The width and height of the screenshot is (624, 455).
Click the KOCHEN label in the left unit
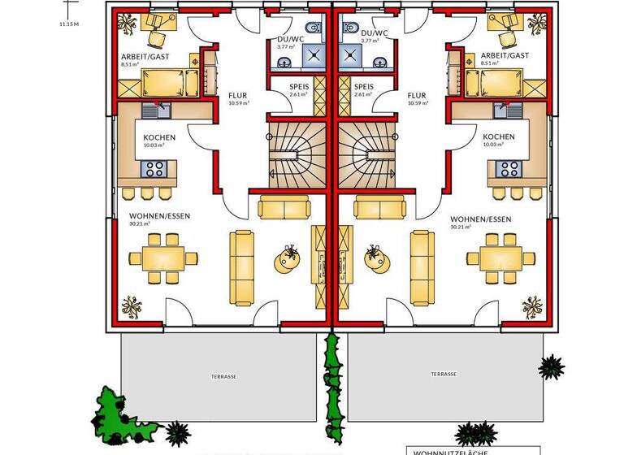coord(159,137)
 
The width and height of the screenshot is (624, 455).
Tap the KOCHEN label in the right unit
coord(498,137)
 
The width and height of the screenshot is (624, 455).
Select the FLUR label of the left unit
coord(238,94)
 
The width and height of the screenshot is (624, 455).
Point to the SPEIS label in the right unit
coord(364,86)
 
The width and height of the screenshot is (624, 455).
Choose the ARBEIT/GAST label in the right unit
coord(504,55)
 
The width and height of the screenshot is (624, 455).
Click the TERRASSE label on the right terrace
coord(444,375)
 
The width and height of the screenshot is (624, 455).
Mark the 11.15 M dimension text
coord(69,24)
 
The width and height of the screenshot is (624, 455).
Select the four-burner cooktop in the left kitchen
coord(154,169)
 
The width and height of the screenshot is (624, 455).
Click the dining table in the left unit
coord(162,258)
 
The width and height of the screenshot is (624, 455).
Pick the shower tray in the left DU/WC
coord(312,54)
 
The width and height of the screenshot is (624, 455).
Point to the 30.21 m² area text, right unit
coord(460,227)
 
